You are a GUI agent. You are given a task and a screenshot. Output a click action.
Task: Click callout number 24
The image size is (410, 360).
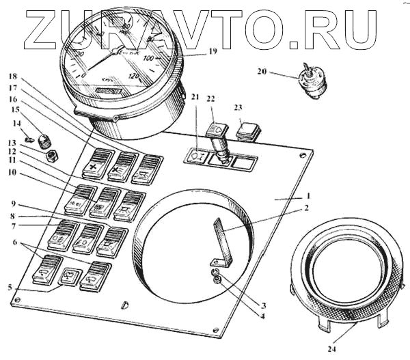pyautogui.click(x=332, y=348)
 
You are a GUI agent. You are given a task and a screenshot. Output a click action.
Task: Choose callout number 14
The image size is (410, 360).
pyautogui.click(x=16, y=123)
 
